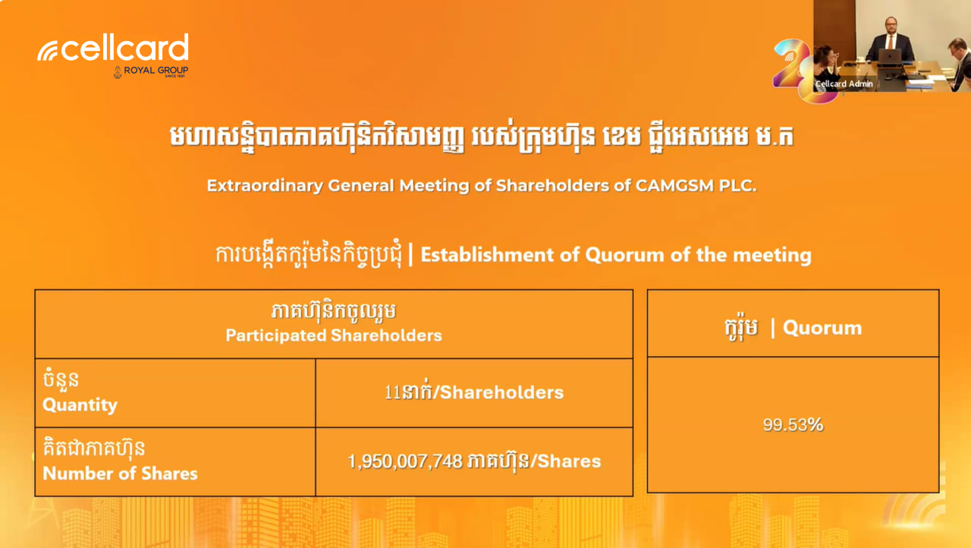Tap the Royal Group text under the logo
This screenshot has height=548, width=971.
(156, 70)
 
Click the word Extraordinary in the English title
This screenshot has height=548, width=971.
(265, 185)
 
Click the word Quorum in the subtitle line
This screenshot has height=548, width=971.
(624, 255)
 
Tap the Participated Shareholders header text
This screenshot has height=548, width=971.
(334, 335)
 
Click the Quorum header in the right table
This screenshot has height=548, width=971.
(822, 328)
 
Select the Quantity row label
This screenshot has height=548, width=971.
(80, 405)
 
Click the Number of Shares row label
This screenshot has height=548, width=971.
(120, 474)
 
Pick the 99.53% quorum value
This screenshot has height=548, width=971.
(793, 425)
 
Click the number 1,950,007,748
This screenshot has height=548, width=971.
(405, 461)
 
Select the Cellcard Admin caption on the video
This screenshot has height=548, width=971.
(844, 83)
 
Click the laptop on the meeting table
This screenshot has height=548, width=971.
(890, 57)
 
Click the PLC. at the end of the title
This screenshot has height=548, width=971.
(738, 185)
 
